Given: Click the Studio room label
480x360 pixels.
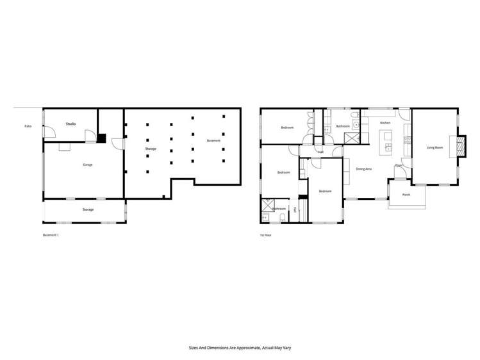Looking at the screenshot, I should tap(70, 124).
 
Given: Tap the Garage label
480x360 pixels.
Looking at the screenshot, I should tap(87, 165).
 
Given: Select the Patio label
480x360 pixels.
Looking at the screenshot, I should tap(28, 126).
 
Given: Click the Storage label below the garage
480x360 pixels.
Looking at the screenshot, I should tap(88, 209).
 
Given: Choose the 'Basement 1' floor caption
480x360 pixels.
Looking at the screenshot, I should tap(51, 235).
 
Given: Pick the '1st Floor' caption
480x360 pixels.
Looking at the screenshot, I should tap(265, 235).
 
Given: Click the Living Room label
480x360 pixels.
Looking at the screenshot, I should tap(434, 147).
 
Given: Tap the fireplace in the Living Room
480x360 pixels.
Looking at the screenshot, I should tap(460, 146).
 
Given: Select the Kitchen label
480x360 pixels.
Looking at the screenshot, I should tap(385, 122).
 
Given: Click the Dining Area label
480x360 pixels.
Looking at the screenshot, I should tap(365, 169).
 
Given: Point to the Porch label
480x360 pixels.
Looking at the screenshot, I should tap(406, 195).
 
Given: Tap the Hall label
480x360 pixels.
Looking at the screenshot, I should tap(320, 152).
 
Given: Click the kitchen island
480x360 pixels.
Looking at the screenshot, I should tap(386, 142).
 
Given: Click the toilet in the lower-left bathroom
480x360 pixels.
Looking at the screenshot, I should tap(283, 218).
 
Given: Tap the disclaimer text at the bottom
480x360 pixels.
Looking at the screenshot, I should tap(240, 348).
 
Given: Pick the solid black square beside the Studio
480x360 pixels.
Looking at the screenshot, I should tap(101, 137).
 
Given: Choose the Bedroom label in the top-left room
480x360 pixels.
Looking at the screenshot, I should tap(287, 127).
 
